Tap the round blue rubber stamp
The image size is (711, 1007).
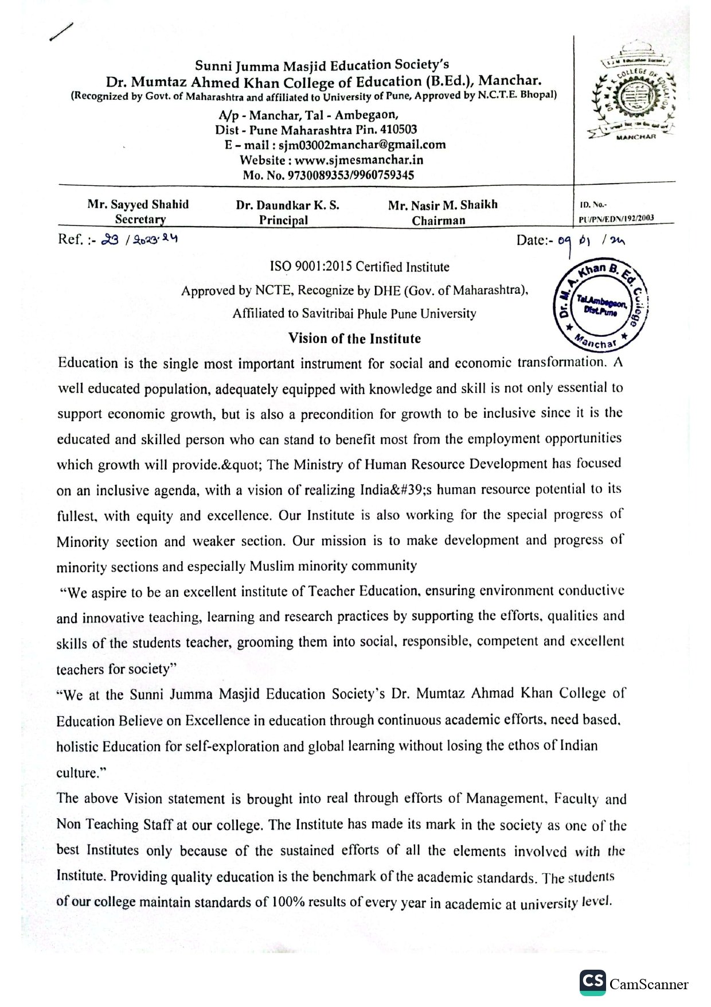[x=599, y=305]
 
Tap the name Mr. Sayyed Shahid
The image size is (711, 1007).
[x=138, y=204]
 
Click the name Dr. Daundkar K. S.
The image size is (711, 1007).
[x=287, y=205]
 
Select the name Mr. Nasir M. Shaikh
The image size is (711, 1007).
[x=443, y=205]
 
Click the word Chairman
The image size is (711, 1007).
[x=439, y=220]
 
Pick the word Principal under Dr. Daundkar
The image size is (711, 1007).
[x=283, y=220]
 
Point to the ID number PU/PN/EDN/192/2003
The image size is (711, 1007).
[x=616, y=218]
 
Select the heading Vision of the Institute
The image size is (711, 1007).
[x=354, y=339]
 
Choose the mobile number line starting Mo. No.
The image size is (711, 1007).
[x=328, y=175]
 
